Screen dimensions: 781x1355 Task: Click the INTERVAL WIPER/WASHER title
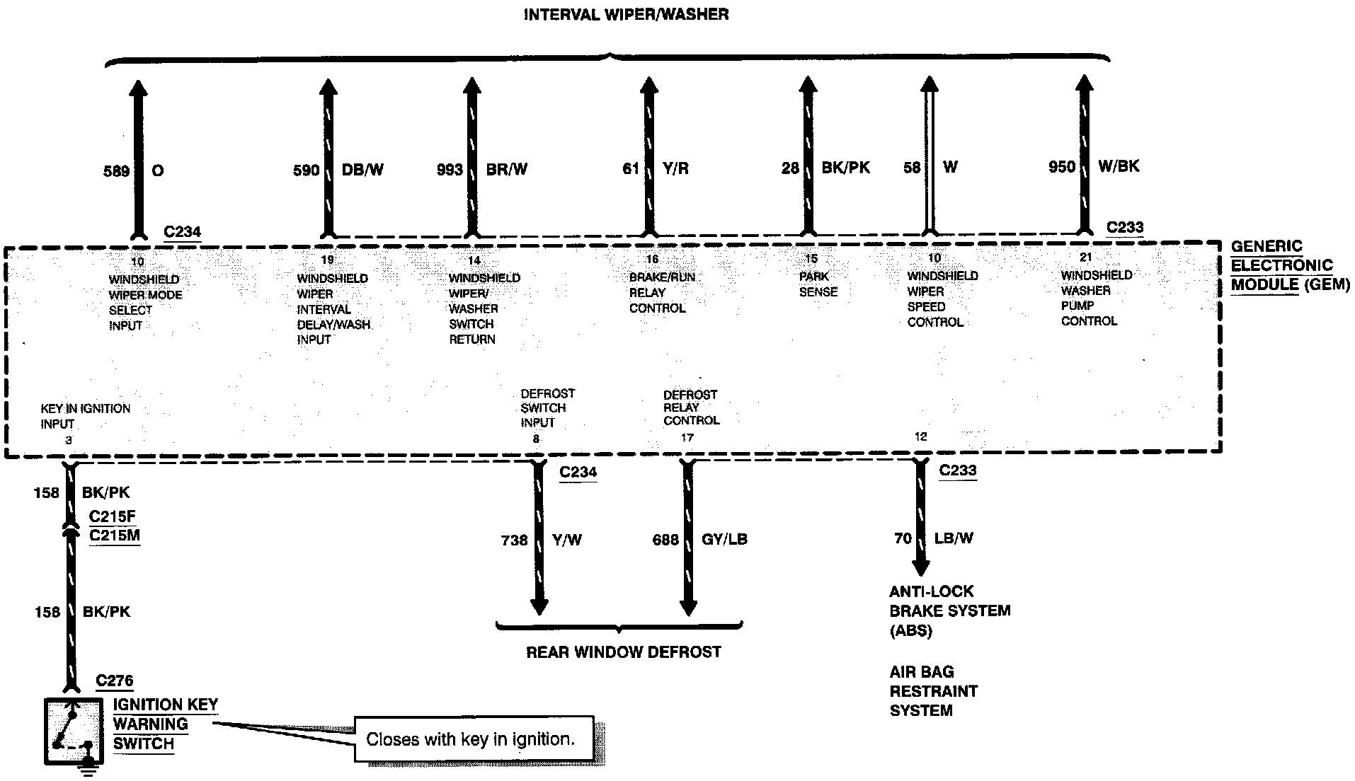click(x=626, y=15)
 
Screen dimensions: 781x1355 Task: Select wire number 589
click(x=117, y=171)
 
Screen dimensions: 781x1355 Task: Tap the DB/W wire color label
click(x=362, y=170)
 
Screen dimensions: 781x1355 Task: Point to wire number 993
click(x=450, y=170)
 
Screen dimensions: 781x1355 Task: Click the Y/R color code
click(x=675, y=168)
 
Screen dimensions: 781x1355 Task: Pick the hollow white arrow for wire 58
click(x=929, y=156)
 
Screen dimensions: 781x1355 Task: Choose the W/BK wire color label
click(x=1118, y=166)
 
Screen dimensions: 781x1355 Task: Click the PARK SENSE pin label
click(x=818, y=284)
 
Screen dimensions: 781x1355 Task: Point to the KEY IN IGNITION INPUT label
click(x=85, y=416)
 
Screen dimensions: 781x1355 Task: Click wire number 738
click(x=514, y=540)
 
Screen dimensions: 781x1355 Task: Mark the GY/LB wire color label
click(x=724, y=540)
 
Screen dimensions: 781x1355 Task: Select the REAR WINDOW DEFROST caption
click(x=624, y=652)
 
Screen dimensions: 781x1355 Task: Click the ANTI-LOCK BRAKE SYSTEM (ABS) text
click(x=949, y=611)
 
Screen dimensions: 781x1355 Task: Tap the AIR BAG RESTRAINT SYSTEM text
click(x=933, y=691)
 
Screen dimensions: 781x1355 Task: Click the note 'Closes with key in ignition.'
click(x=469, y=740)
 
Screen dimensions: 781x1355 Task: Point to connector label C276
click(x=114, y=681)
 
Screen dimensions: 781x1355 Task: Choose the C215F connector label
click(x=112, y=516)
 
